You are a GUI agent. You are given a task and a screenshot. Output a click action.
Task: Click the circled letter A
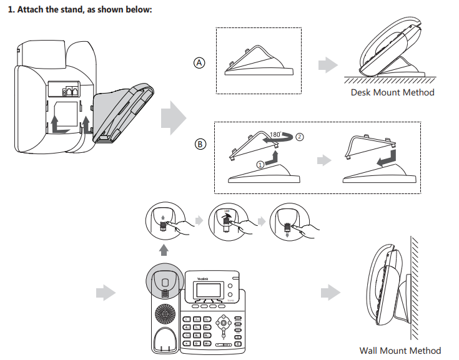[x=199, y=63]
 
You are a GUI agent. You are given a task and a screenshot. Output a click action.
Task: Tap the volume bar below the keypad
[x=222, y=344]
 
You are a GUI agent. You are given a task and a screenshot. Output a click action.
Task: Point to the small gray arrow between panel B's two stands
[x=323, y=161]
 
